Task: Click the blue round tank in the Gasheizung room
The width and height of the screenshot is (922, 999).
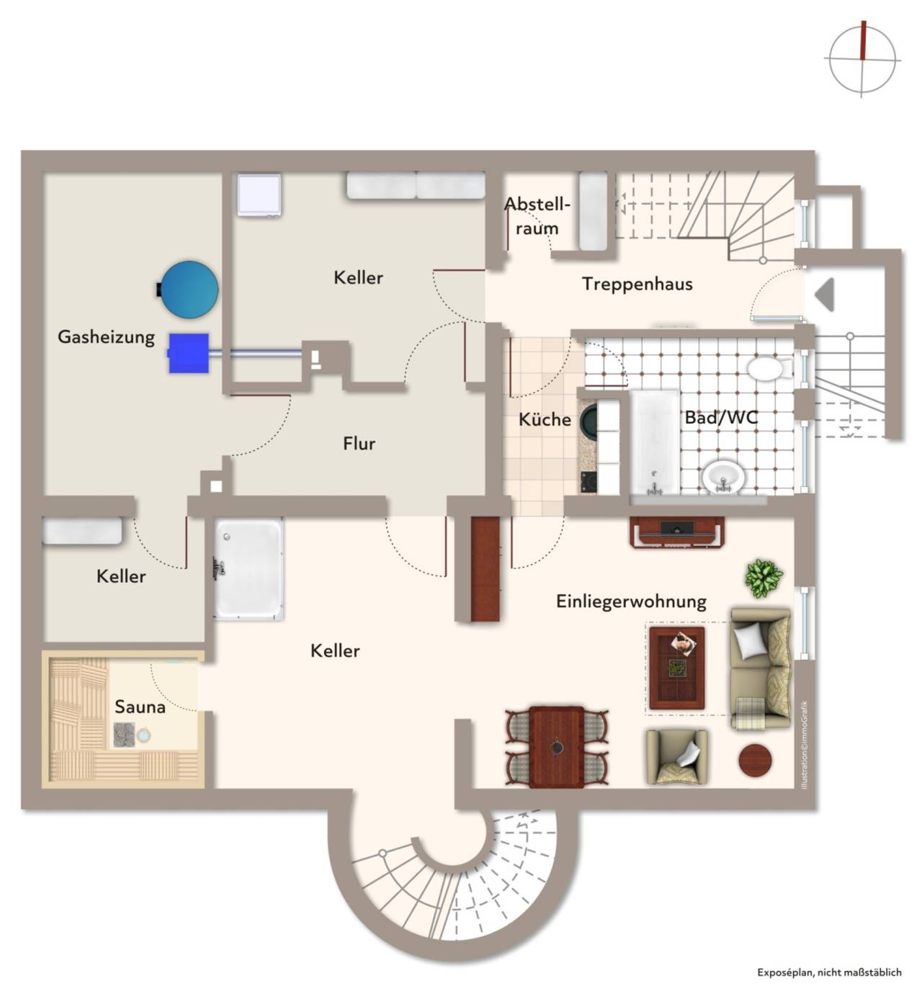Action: pos(189,290)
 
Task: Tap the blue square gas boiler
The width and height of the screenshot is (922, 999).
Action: pos(188,353)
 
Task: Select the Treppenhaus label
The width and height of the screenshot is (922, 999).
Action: pos(637,285)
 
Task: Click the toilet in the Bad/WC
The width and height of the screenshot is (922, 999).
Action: pos(768,368)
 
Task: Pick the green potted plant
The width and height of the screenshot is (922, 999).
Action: pos(764,578)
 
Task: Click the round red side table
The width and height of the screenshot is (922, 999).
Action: pos(755,760)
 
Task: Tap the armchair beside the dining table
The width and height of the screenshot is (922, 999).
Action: pos(677,756)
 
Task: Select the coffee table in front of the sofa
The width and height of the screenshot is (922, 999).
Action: pos(677,667)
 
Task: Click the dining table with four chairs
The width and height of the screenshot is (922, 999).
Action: pos(557,747)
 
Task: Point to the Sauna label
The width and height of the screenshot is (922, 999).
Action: pos(140,707)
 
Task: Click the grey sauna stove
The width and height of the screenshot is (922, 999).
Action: pos(124,735)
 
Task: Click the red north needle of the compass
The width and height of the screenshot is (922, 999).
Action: pos(864,40)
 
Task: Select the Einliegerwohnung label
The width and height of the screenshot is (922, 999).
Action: pos(631,601)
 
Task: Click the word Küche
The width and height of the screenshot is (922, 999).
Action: pos(545,419)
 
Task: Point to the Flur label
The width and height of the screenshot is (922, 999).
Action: pos(359,443)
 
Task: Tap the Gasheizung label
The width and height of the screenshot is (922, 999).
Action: pos(106,337)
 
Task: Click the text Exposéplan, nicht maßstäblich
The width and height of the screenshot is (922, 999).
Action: pos(829,972)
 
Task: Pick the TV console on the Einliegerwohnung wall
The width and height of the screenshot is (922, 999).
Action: pos(677,532)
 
